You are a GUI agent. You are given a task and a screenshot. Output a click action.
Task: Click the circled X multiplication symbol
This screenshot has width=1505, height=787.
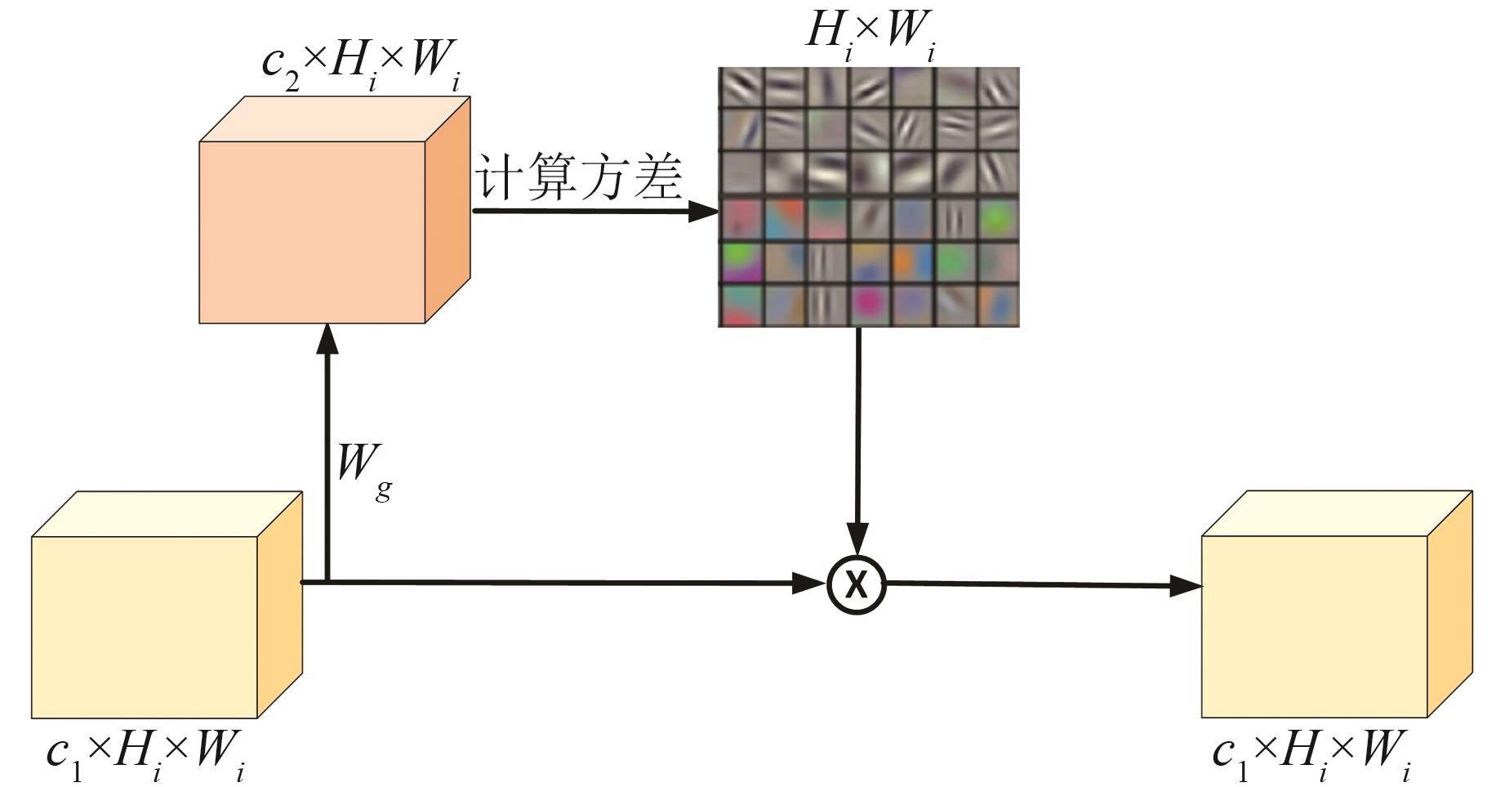tap(857, 584)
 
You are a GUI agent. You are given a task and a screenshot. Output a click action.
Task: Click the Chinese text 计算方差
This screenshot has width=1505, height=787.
tap(578, 178)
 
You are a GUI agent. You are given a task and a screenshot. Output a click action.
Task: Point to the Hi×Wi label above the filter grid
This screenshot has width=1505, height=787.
tap(870, 34)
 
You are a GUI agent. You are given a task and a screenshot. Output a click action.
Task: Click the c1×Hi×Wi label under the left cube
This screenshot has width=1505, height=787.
tap(145, 753)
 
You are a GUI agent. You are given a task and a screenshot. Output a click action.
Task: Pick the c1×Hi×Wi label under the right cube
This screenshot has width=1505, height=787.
tap(1312, 753)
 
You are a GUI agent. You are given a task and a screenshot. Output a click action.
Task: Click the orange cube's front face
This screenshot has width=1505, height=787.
tap(312, 232)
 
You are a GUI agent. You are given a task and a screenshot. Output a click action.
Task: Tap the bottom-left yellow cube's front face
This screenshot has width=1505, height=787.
tap(145, 627)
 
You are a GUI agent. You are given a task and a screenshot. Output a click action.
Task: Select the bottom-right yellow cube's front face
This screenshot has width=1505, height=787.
tap(1314, 627)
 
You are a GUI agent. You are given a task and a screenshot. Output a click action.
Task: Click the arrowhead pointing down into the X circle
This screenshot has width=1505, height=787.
tap(857, 539)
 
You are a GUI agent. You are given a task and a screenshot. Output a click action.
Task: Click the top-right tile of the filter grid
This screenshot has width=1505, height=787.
tap(998, 86)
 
